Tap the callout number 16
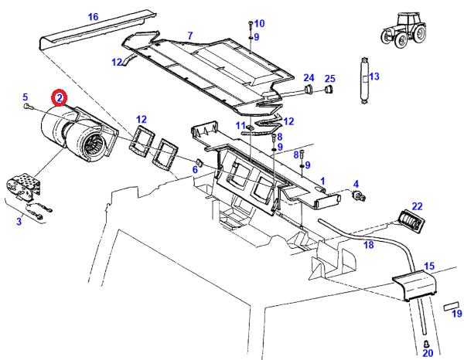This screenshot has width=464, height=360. (94, 17)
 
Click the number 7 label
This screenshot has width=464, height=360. (189, 36)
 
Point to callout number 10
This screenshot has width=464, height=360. (259, 23)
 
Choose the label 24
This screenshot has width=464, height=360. (309, 77)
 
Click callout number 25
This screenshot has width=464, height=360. (329, 78)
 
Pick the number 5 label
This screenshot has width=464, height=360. (26, 97)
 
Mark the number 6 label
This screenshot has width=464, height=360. (195, 170)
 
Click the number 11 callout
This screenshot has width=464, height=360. (241, 125)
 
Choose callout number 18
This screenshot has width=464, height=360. (369, 245)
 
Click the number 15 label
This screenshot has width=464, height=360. (428, 266)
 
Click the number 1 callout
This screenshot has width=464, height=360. (322, 180)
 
